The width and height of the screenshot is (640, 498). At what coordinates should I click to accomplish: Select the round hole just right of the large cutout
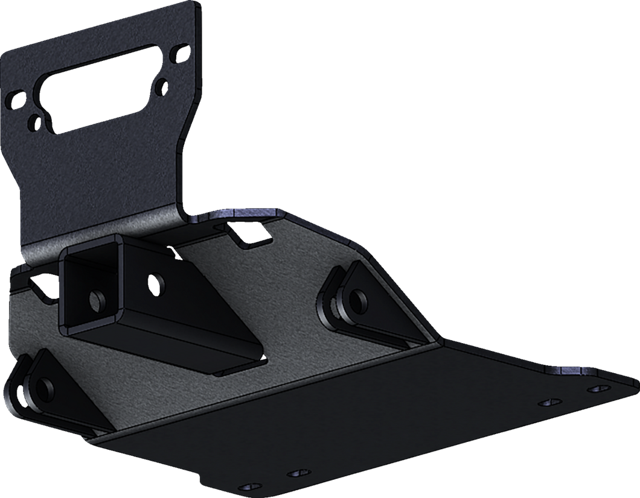click(161, 87)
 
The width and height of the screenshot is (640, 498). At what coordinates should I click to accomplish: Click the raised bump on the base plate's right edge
click(568, 367)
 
